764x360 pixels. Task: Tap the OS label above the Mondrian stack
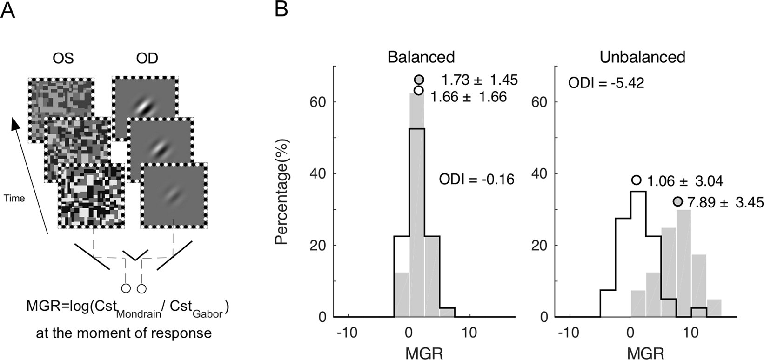tap(63, 59)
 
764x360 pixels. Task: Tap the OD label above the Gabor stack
tap(147, 59)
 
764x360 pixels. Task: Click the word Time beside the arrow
tap(14, 198)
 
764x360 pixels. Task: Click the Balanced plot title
tap(422, 57)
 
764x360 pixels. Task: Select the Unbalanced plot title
tap(642, 57)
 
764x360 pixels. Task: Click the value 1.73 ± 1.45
tap(480, 80)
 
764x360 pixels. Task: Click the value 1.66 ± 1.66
tap(469, 97)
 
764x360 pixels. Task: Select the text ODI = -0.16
tap(477, 179)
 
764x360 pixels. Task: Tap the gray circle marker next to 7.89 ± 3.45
tap(678, 201)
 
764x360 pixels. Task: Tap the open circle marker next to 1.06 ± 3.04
tap(637, 180)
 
